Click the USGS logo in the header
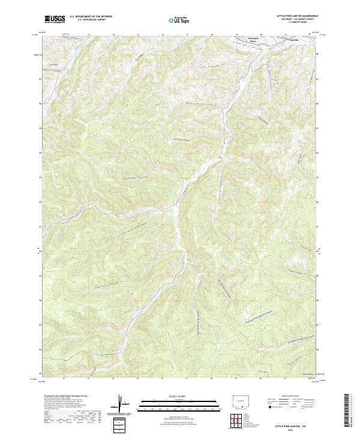click(55, 20)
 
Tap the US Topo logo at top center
click(179, 20)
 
